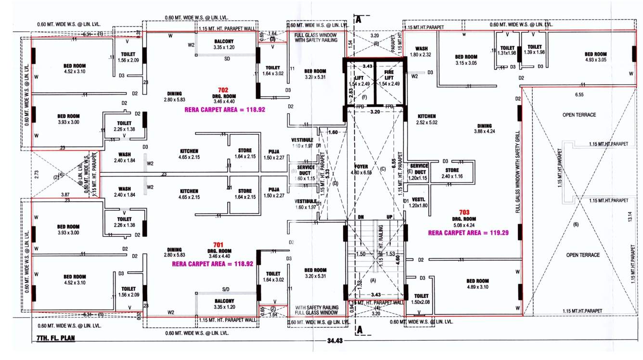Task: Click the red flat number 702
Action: coord(222,90)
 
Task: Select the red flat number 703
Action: coord(464,211)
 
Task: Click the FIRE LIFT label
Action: coord(389,75)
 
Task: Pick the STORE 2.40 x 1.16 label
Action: coord(452,173)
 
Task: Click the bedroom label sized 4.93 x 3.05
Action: coord(595,57)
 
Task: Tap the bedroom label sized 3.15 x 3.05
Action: coord(466,60)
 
